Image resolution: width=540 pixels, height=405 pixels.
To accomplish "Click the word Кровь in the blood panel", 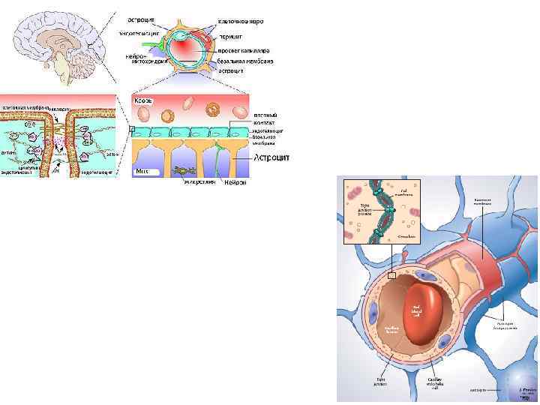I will pos(144,99).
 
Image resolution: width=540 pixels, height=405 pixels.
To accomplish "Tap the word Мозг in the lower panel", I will pos(142,172).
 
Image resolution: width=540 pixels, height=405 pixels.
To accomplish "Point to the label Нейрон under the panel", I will pos(235,181).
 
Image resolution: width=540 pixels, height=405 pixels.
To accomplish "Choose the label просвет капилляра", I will pos(244,49).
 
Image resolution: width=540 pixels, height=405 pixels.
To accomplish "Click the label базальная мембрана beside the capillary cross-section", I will pos(245,60).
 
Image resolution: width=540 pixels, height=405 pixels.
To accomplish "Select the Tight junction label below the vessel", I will pos(380,382).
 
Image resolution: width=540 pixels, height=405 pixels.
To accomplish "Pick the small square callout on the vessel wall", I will pos(391,275).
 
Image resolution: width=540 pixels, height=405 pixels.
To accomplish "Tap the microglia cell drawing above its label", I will pos(183,170).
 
